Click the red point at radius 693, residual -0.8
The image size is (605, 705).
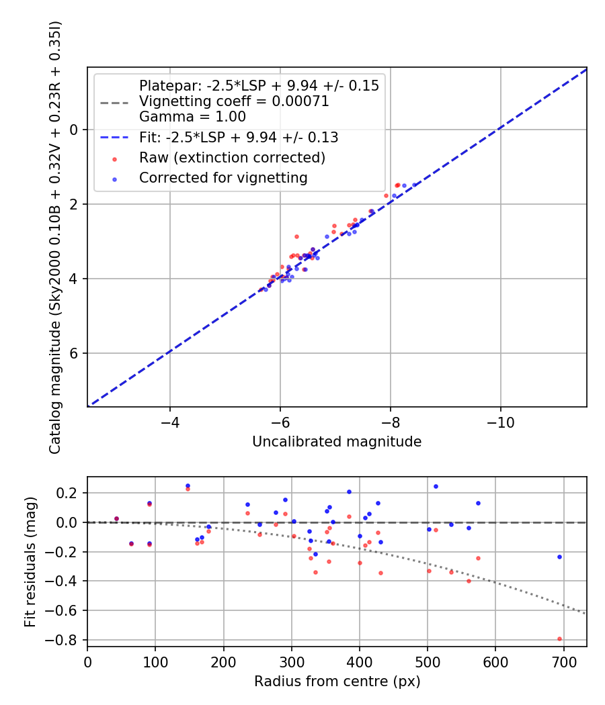(x=559, y=639)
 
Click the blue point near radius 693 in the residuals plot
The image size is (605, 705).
(x=559, y=557)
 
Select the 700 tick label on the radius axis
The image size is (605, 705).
(x=563, y=663)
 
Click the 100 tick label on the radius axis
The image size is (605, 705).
(x=155, y=663)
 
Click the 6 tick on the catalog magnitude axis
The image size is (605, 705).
(x=75, y=353)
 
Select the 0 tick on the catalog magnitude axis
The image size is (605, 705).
(x=75, y=130)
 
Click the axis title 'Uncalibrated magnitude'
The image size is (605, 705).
(x=336, y=442)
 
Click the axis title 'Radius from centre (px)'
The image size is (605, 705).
(x=336, y=681)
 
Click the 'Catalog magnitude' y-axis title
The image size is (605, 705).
(x=56, y=236)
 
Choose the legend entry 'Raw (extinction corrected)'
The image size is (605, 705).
(x=232, y=158)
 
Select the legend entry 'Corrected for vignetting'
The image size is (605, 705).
(x=223, y=178)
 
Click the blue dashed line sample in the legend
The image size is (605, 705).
(x=114, y=138)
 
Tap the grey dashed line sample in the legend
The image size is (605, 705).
(x=114, y=102)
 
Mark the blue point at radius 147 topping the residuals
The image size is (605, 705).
(x=188, y=485)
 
